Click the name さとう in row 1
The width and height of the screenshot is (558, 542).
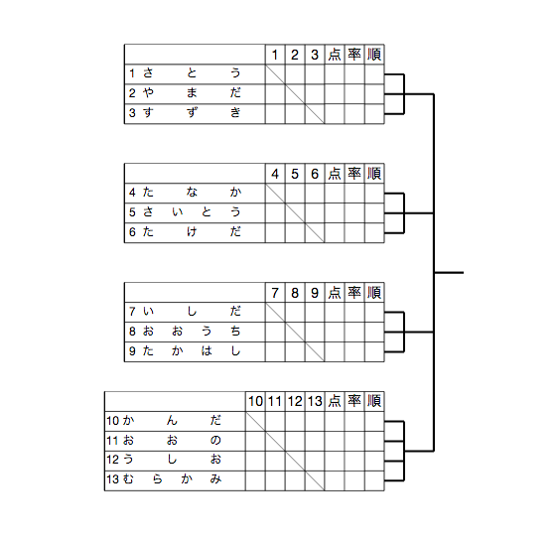point(192,73)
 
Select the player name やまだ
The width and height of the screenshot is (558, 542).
point(192,93)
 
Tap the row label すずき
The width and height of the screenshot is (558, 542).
point(192,113)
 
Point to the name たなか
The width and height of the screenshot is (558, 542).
point(192,193)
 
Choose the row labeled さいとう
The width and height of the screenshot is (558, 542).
point(192,212)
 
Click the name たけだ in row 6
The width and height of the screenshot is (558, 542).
point(192,232)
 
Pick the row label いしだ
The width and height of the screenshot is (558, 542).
point(192,312)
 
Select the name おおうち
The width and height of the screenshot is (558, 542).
point(192,332)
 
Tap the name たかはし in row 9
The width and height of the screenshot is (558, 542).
point(192,351)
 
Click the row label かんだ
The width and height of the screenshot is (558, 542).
point(172,421)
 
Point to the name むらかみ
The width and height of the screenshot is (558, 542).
point(172,479)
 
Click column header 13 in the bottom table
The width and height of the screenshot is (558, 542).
point(315,402)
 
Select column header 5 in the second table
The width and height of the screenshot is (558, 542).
point(295,175)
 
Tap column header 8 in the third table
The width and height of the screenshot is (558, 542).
point(295,293)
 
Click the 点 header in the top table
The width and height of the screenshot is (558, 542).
point(335,55)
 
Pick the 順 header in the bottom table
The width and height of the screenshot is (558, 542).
point(374,401)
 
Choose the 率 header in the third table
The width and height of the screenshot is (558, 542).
point(354,293)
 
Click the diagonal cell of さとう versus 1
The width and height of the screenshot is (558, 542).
point(275,74)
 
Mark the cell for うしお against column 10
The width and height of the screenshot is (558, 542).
point(255,461)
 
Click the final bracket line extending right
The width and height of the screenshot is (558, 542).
point(449,273)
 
